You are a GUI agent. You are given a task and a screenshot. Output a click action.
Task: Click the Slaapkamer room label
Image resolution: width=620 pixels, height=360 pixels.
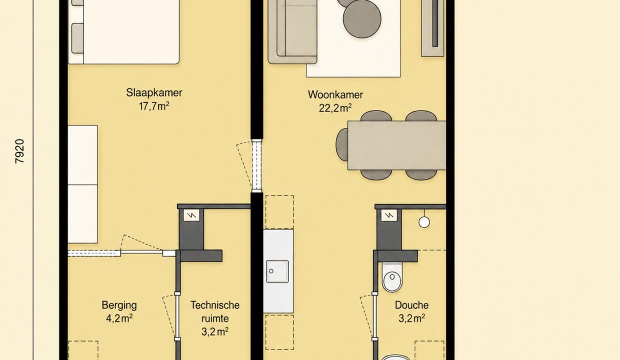click(154, 92)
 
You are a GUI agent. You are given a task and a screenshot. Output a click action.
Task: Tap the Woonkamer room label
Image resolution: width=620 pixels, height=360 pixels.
click(335, 94)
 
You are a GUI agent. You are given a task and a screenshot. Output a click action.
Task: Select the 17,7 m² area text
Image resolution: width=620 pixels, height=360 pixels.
click(154, 106)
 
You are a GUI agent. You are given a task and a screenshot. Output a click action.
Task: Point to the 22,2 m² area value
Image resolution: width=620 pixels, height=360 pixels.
click(335, 108)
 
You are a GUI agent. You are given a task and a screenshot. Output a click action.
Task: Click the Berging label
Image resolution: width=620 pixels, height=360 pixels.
click(119, 305)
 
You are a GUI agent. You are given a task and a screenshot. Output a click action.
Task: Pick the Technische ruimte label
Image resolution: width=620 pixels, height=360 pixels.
click(215, 312)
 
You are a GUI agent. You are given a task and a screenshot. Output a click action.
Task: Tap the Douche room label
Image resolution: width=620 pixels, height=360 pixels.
click(411, 305)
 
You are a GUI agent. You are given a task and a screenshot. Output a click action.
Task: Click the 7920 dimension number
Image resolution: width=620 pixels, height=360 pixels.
click(19, 151)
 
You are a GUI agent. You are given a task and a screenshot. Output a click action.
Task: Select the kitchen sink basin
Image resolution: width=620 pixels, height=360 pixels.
click(277, 271)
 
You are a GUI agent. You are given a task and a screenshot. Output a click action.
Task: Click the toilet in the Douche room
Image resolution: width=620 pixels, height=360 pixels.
click(392, 277)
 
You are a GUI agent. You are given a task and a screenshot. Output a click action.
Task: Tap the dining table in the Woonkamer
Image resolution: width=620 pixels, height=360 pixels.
click(396, 145)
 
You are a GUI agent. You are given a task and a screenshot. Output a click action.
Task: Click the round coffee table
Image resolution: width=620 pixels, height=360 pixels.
click(362, 19)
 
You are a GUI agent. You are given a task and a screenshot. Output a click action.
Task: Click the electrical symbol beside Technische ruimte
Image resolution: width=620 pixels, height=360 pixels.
click(191, 215)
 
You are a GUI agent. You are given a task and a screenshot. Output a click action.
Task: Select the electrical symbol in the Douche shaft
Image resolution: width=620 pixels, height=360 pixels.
click(389, 215)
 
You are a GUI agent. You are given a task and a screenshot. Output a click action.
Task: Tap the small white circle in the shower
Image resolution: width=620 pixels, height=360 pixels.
click(424, 222)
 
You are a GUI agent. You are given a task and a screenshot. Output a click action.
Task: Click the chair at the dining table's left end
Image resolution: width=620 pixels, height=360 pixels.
click(342, 144)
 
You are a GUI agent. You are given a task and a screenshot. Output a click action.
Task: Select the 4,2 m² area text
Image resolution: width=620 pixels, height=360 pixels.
click(119, 318)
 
